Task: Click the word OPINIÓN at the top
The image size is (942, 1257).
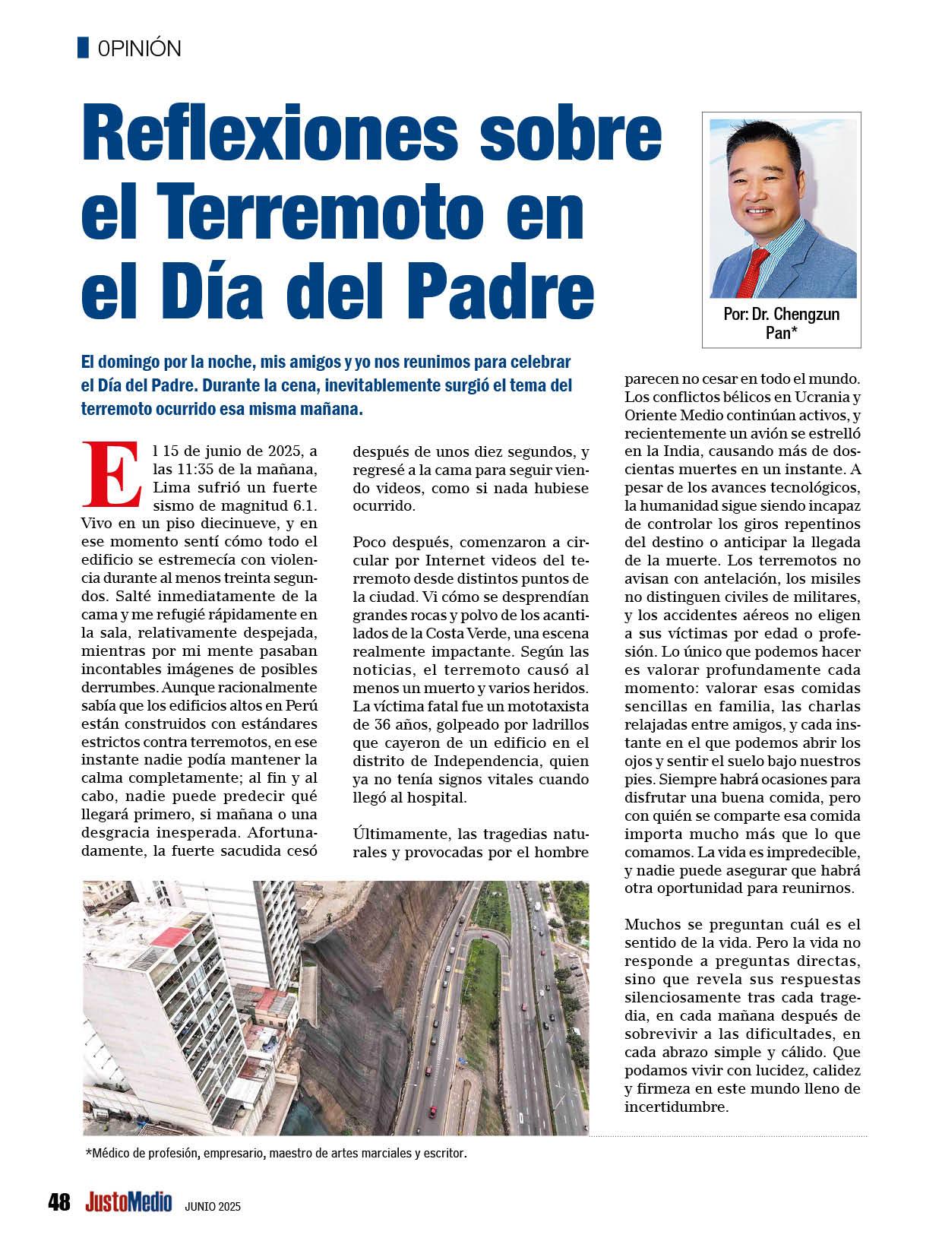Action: tap(139, 49)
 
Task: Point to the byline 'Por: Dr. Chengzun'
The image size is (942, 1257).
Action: tap(781, 314)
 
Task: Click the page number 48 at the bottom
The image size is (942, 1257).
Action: tap(58, 1203)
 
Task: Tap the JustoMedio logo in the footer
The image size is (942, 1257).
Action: tap(129, 1202)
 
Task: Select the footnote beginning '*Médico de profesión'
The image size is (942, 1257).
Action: tap(276, 1154)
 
